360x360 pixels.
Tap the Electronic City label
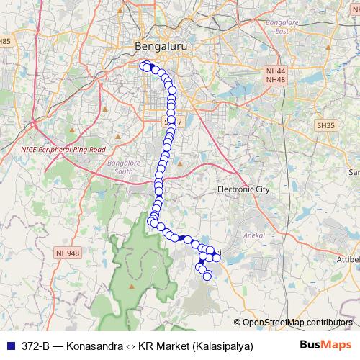pos(243,189)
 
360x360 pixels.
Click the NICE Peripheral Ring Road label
pos(59,150)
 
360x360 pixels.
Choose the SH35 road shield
pos(326,125)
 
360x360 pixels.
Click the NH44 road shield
pos(275,72)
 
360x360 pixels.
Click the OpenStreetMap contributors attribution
pos(297,322)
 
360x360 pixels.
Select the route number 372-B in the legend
pos(36,346)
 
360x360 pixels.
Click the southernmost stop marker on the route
pos(207,276)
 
